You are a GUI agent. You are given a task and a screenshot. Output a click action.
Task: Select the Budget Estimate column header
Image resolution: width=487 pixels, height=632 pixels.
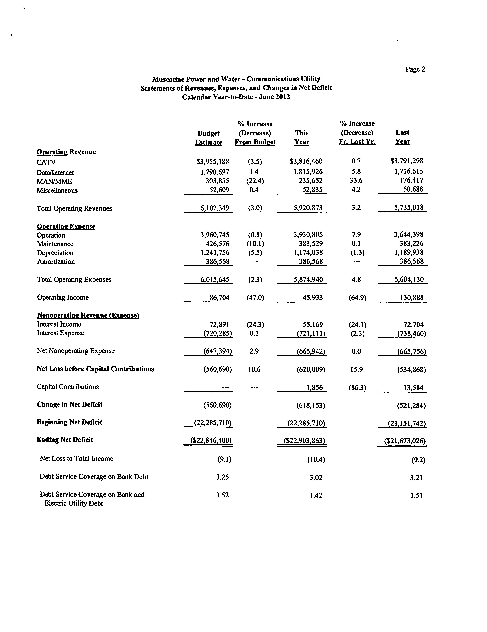coord(208,138)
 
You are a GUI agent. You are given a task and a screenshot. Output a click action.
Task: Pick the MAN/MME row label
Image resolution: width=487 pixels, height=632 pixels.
coord(54,182)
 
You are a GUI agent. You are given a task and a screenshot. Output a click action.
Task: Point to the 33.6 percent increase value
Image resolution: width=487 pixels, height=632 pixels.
coord(356,181)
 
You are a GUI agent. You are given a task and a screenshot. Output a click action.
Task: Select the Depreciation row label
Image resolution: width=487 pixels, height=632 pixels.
coord(55,253)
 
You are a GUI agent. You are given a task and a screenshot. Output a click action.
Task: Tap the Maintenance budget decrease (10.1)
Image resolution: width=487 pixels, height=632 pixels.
coord(255,244)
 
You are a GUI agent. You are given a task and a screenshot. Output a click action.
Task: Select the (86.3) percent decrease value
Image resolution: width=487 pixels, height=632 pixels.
coord(357,388)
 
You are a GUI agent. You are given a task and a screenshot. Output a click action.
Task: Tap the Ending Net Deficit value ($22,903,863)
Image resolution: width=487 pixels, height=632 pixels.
coord(304,440)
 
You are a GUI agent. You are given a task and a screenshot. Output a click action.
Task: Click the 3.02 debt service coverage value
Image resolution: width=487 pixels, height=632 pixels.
coord(316,477)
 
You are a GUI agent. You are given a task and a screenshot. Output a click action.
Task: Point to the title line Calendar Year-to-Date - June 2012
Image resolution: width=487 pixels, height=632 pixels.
coord(236,97)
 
